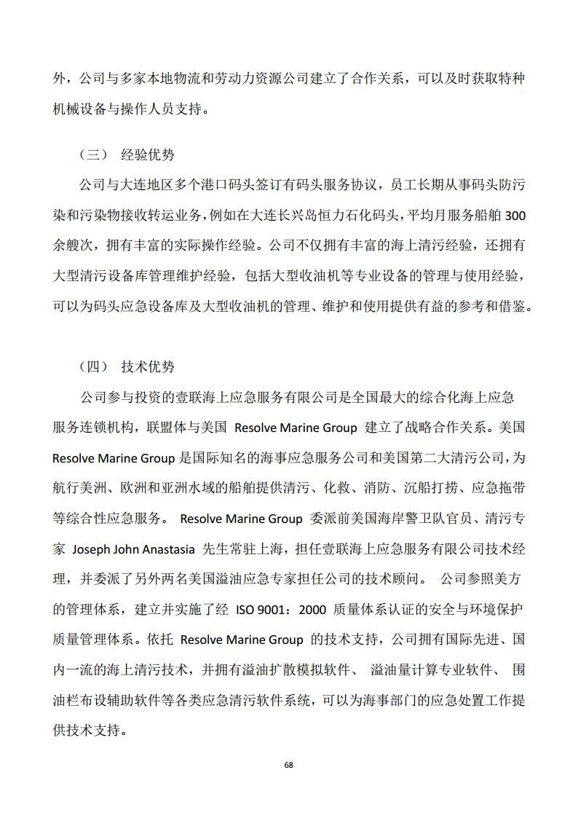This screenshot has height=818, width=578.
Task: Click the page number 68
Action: [289, 765]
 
